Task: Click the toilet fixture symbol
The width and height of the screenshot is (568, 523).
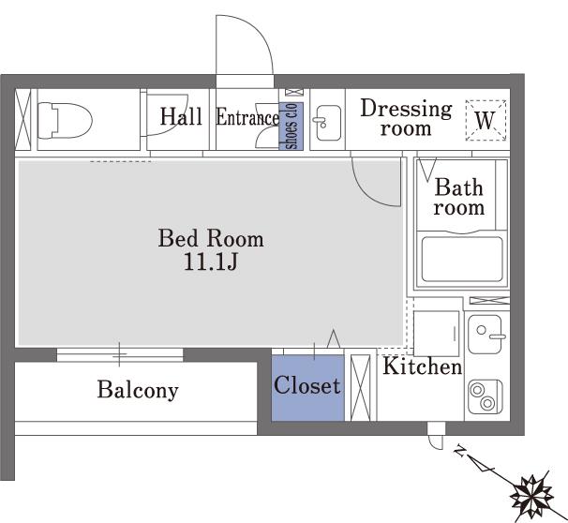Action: coord(65,121)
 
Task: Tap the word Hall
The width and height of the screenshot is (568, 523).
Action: coord(181,116)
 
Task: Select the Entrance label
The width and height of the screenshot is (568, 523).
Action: coord(247,118)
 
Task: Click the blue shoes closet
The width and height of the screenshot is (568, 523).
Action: coord(291,126)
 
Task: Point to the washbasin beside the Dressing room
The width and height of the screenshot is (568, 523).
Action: coord(328,123)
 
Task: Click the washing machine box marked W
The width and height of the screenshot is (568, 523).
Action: coord(486,120)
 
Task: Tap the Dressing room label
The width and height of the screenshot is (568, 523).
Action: coord(407,118)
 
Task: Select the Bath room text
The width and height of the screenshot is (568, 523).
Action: coord(459,197)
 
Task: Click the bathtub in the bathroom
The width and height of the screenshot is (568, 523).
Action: coord(462,260)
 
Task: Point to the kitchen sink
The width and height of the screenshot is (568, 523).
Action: coord(486,335)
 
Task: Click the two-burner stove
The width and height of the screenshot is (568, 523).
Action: coord(486,396)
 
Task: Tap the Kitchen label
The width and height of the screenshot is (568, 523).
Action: coord(423,366)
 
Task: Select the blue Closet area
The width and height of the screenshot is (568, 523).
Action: coord(308,388)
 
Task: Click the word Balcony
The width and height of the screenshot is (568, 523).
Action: coord(138,391)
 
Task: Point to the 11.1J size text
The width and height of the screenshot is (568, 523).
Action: coord(211,261)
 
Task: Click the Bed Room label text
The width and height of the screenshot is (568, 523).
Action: coord(211,238)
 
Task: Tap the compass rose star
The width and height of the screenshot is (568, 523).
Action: coord(531,497)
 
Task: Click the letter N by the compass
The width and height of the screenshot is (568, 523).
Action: coord(460,450)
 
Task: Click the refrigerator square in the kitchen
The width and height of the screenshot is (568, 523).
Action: coord(437,334)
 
